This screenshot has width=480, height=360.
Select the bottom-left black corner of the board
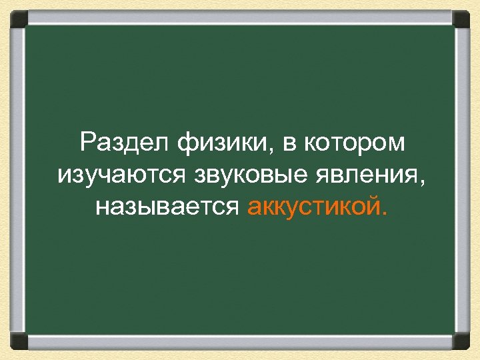[x=18, y=341]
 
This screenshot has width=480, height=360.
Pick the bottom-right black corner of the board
[x=461, y=341]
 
